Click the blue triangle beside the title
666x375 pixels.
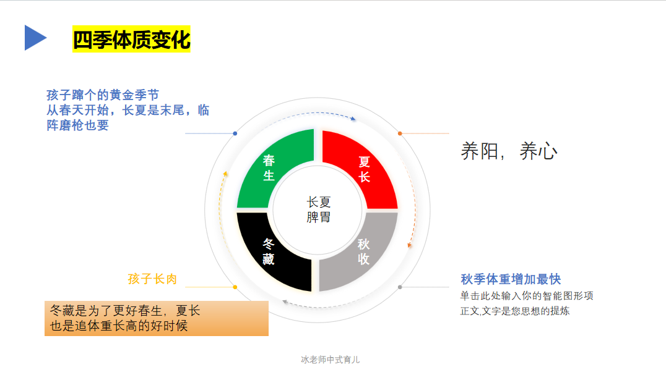(35, 38)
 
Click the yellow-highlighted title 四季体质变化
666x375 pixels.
(131, 39)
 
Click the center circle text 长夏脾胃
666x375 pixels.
(318, 209)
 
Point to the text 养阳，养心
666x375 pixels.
(509, 151)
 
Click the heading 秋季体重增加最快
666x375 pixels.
(511, 279)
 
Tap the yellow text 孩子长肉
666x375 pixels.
(152, 279)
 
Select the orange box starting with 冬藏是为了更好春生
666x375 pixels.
(156, 318)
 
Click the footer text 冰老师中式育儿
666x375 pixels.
(330, 360)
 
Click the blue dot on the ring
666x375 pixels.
(235, 133)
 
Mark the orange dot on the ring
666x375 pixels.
(400, 133)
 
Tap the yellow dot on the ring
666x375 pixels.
(235, 287)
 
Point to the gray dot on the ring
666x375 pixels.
(400, 287)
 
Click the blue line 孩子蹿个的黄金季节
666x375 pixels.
(103, 95)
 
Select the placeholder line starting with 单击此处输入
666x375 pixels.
(527, 296)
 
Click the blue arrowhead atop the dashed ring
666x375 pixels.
(353, 119)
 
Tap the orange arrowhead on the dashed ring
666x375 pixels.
(410, 245)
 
